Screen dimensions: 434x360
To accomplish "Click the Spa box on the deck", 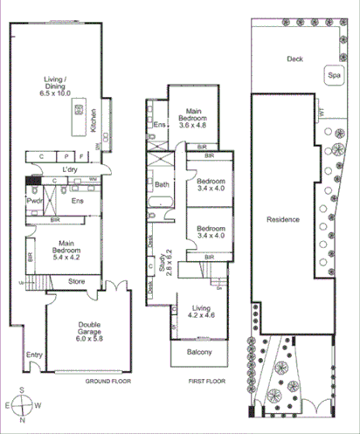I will coord(334,76).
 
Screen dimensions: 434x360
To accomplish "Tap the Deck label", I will coord(294,59).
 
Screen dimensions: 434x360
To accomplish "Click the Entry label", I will coord(34,355).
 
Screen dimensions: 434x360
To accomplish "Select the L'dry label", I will coord(72,169).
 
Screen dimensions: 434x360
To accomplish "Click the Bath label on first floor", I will coord(162,185).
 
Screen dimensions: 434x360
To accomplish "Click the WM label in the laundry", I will coord(92,179).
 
